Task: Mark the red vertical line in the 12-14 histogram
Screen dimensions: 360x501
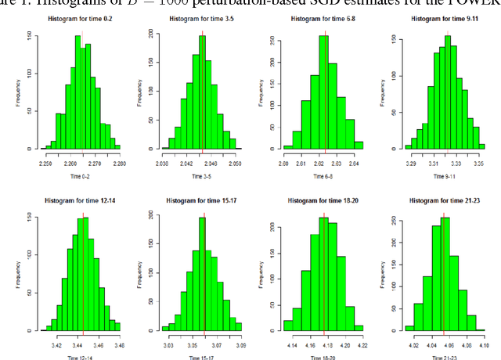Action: point(83,266)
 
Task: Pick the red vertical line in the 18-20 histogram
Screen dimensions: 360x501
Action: point(323,266)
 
